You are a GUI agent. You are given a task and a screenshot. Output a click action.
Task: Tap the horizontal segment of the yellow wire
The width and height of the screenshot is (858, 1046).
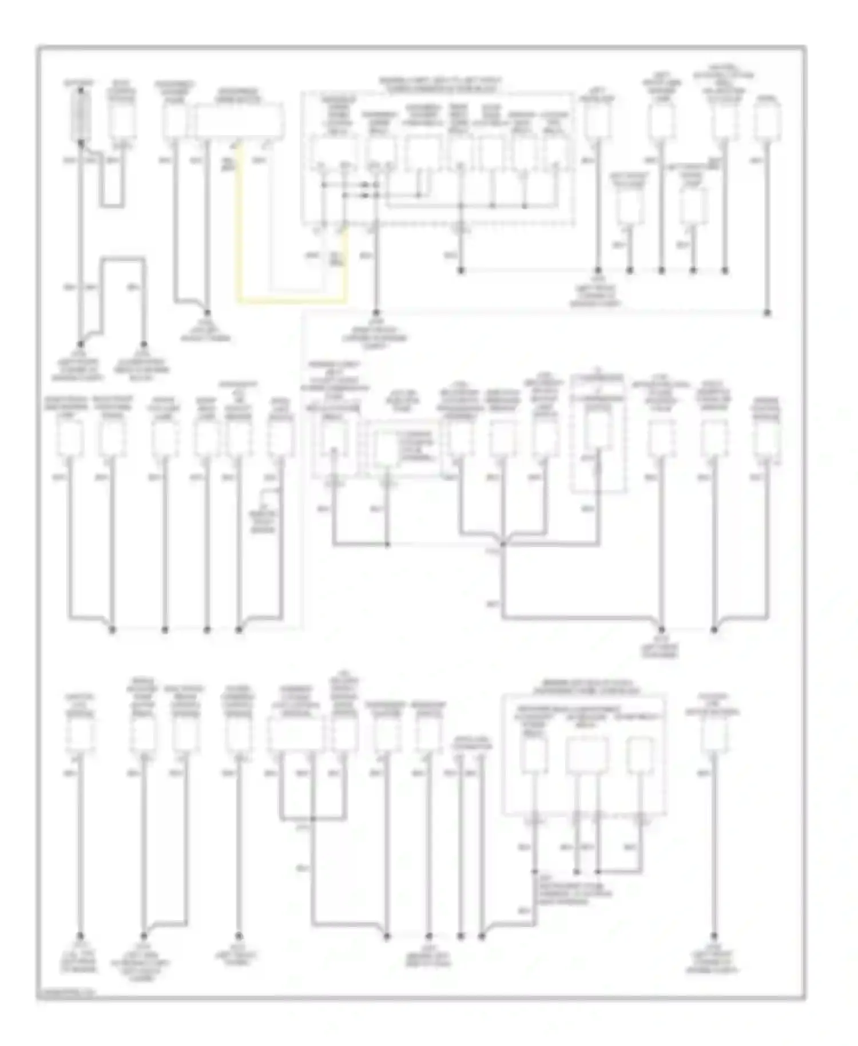[292, 300]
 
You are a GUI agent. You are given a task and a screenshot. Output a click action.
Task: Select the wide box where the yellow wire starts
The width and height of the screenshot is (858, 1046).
[240, 121]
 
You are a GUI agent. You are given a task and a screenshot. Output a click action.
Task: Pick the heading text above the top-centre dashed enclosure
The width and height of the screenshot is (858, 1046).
[439, 85]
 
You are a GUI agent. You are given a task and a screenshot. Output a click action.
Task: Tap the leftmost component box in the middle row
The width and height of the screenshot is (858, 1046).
[70, 439]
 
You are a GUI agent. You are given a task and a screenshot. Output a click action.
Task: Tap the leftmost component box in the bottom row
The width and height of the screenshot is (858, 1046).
[80, 735]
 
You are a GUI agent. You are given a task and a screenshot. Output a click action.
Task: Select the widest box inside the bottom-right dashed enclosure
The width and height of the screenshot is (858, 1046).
[587, 755]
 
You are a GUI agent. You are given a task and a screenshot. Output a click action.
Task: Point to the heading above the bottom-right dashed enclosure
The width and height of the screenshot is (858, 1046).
[583, 687]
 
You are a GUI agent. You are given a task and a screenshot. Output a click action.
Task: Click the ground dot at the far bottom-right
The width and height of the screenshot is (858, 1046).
[714, 936]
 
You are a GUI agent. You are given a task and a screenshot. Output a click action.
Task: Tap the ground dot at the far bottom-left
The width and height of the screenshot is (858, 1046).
[80, 936]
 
